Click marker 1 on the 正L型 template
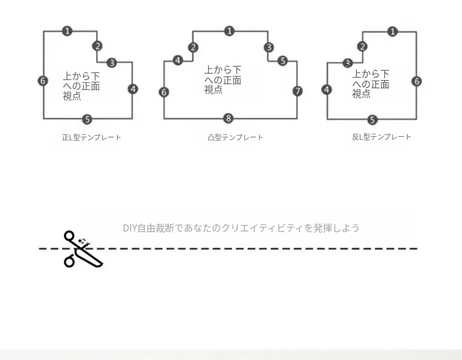click(x=67, y=31)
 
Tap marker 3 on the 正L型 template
click(x=112, y=63)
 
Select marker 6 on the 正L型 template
click(x=43, y=81)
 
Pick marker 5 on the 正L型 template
click(x=87, y=119)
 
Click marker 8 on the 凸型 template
click(x=228, y=118)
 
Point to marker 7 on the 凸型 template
click(x=298, y=91)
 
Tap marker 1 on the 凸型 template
click(x=229, y=31)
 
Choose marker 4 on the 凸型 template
click(x=178, y=60)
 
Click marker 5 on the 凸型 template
click(x=282, y=61)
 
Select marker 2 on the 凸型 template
click(x=193, y=47)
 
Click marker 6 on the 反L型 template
click(x=416, y=81)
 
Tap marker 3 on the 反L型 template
click(x=348, y=63)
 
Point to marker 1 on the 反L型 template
click(x=392, y=32)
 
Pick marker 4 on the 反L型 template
click(x=326, y=89)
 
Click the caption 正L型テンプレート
click(x=92, y=137)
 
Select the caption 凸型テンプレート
click(x=236, y=137)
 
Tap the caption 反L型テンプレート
click(x=381, y=137)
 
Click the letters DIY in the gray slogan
click(x=130, y=228)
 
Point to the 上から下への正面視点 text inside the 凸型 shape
click(x=223, y=79)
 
